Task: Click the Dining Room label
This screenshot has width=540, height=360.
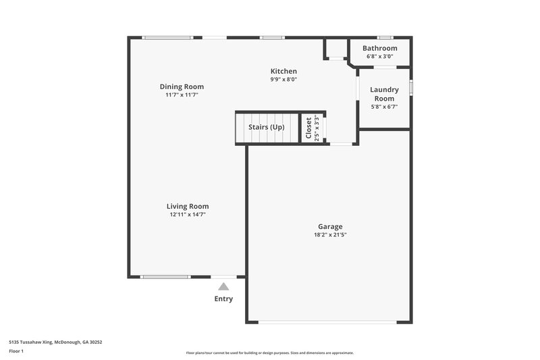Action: pyautogui.click(x=182, y=86)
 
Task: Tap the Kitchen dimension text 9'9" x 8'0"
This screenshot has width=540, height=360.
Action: pyautogui.click(x=283, y=80)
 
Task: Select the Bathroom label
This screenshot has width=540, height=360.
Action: pyautogui.click(x=379, y=49)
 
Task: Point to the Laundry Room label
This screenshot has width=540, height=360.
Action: pyautogui.click(x=384, y=94)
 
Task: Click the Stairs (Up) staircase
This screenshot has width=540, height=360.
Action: pyautogui.click(x=267, y=128)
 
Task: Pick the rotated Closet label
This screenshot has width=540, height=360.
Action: pyautogui.click(x=308, y=128)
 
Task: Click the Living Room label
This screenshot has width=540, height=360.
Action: pyautogui.click(x=188, y=206)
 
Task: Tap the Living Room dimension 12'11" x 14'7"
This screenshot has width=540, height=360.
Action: pyautogui.click(x=188, y=215)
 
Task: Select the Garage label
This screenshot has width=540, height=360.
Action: pyautogui.click(x=330, y=226)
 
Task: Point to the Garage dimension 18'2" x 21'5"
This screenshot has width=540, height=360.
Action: pyautogui.click(x=330, y=235)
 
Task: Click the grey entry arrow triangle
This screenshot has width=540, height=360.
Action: pyautogui.click(x=223, y=286)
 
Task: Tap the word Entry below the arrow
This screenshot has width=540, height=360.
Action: pyautogui.click(x=223, y=299)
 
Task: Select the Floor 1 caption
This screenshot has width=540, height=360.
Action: pyautogui.click(x=17, y=351)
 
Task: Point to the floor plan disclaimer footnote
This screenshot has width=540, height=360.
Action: pyautogui.click(x=269, y=353)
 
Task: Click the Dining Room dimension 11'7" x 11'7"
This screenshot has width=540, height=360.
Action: pyautogui.click(x=182, y=95)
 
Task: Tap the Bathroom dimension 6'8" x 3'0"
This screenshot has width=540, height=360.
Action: pyautogui.click(x=379, y=57)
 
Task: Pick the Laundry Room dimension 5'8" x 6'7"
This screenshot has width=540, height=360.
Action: pyautogui.click(x=384, y=106)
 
